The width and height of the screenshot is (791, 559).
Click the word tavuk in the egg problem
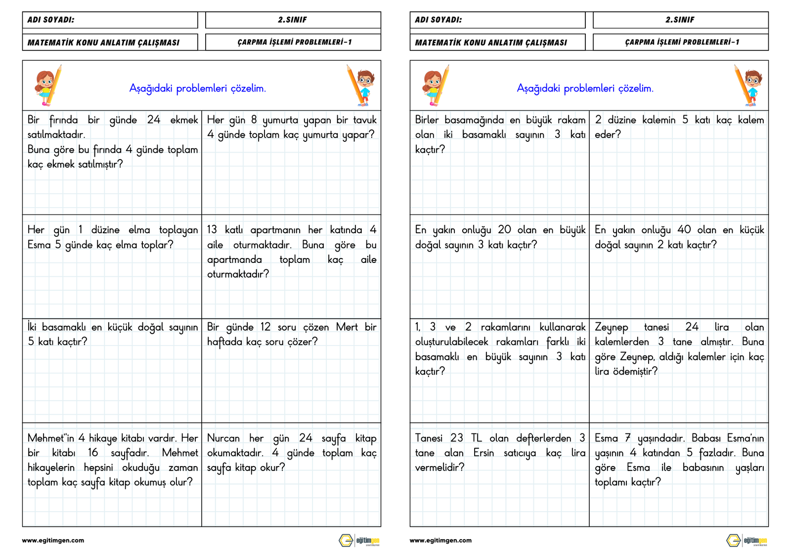click(x=365, y=120)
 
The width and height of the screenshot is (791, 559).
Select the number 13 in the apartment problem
click(x=212, y=230)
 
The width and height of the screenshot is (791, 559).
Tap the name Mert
click(x=347, y=327)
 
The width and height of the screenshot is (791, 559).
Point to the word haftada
click(x=224, y=342)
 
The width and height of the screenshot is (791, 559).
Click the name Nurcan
click(x=223, y=438)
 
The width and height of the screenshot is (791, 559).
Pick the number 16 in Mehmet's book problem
click(x=93, y=453)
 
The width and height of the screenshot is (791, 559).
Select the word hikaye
click(x=103, y=438)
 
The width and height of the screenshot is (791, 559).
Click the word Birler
click(x=427, y=120)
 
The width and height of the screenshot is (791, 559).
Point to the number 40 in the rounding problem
click(x=684, y=230)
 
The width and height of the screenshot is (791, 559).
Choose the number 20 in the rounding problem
click(x=504, y=230)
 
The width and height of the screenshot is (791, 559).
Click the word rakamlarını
click(x=505, y=327)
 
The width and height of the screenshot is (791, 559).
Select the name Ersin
click(x=483, y=453)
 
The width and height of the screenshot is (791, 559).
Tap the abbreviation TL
click(x=476, y=438)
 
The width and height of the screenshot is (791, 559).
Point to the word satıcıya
click(x=520, y=453)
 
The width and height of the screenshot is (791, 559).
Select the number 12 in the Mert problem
click(x=265, y=327)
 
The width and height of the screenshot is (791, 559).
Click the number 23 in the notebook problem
click(x=456, y=438)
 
